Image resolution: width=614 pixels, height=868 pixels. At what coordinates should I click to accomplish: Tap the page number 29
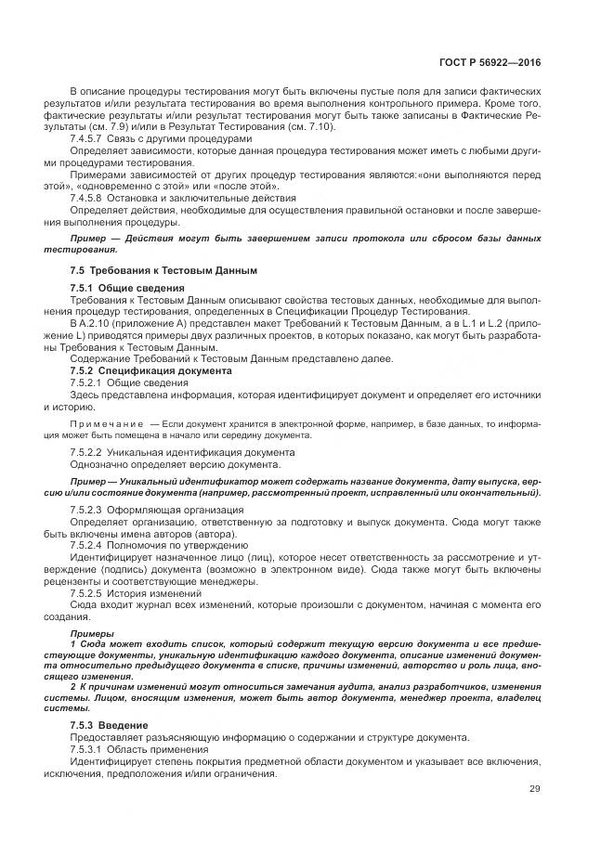coord(535,789)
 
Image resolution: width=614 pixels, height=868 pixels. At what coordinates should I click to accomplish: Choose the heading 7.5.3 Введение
coord(111,723)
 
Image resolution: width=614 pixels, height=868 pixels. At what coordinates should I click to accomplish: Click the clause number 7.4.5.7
coord(86,137)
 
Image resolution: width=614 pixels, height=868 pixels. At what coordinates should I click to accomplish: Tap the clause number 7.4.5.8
coord(86,197)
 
